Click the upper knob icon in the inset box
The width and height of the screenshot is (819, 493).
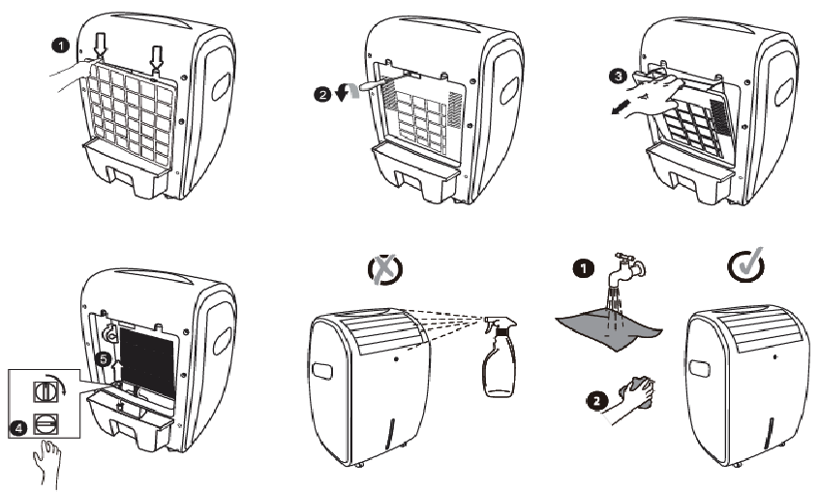44,391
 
